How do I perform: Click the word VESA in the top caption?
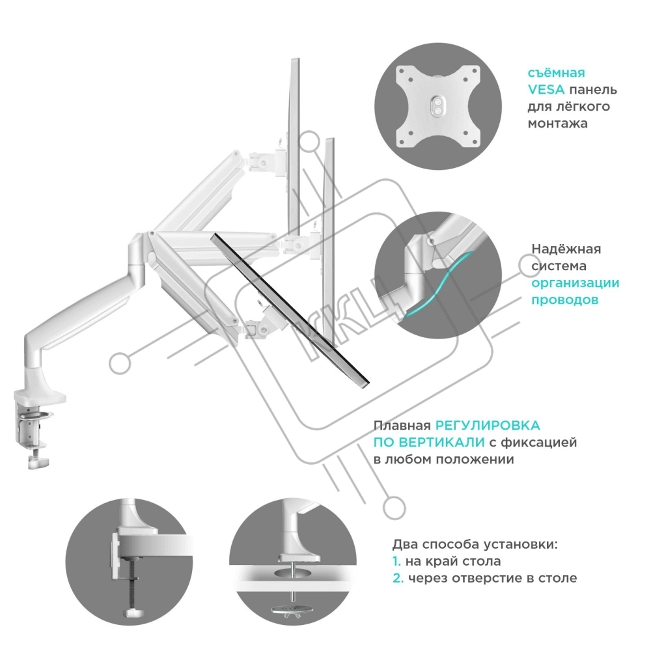pos(545,90)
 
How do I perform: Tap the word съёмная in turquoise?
pos(556,73)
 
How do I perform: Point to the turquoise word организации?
pos(575,283)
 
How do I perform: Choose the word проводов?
pos(564,300)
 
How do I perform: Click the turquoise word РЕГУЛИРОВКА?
pos(488,426)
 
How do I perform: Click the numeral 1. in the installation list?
pos(396,561)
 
